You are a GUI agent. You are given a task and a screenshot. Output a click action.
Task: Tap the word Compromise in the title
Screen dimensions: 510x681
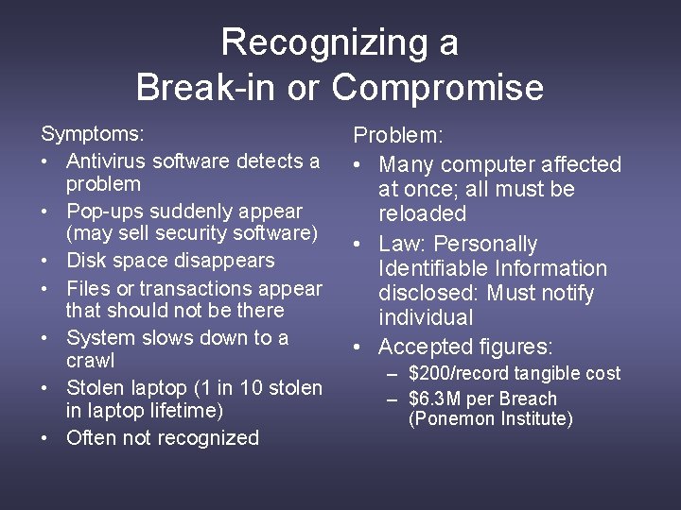click(x=438, y=88)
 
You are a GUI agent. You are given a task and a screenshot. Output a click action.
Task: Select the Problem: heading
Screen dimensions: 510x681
click(x=397, y=138)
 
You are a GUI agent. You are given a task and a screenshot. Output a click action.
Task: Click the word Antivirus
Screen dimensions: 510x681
click(x=107, y=161)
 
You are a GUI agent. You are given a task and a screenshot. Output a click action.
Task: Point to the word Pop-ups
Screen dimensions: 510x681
click(x=101, y=211)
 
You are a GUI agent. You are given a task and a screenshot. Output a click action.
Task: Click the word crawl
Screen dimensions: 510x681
click(x=90, y=361)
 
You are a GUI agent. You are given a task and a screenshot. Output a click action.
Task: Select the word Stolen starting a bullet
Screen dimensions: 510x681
click(x=94, y=387)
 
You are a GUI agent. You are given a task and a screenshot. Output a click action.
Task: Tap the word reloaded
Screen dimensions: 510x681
click(x=423, y=213)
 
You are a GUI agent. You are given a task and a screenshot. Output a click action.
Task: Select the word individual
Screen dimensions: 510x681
click(x=426, y=317)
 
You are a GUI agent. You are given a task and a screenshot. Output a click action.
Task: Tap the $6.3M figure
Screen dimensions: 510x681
click(x=436, y=399)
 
